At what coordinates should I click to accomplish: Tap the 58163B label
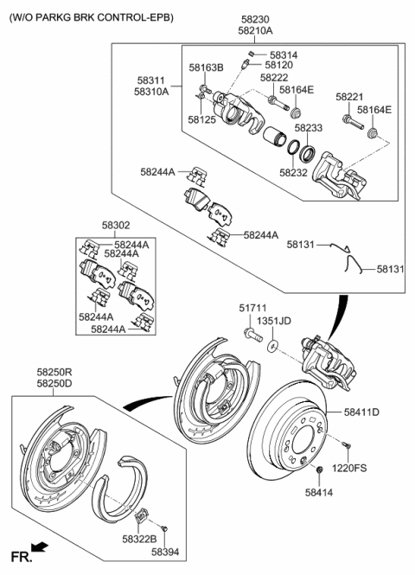[x=207, y=67]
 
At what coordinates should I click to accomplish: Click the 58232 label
[x=294, y=172]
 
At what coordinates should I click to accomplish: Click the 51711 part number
[x=252, y=308]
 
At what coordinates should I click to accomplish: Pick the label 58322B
[x=138, y=537]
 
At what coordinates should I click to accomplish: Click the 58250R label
[x=54, y=371]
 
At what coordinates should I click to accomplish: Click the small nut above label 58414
[x=319, y=470]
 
